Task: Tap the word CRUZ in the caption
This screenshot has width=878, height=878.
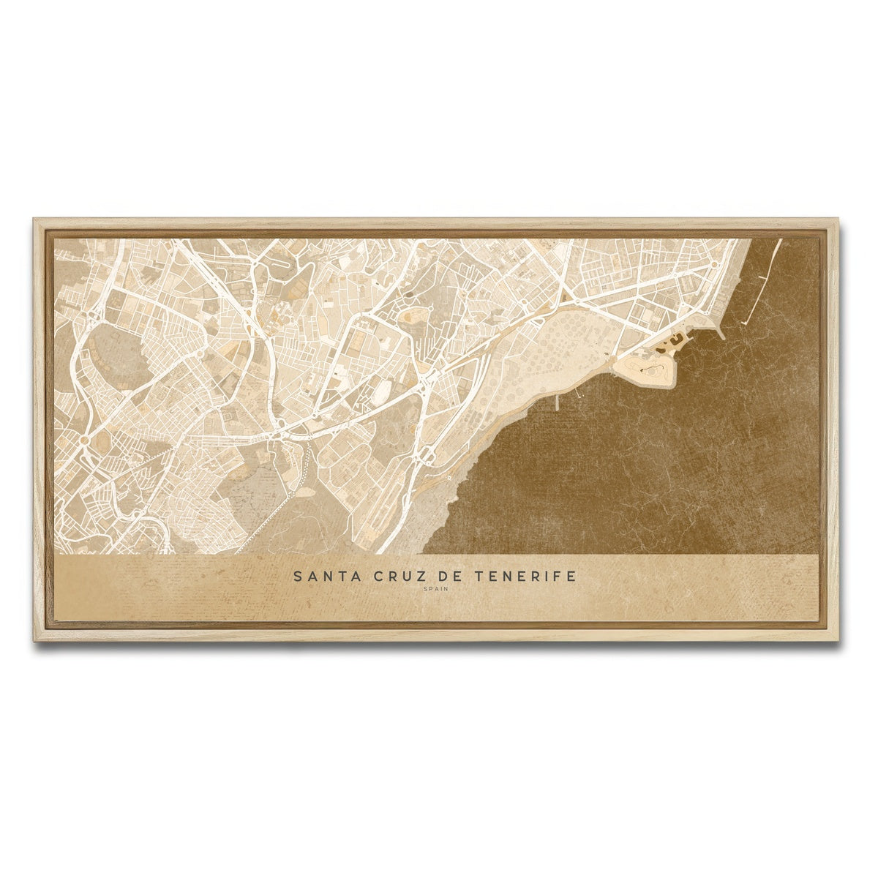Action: coord(387,577)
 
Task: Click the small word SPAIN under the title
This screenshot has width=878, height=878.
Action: coord(435,589)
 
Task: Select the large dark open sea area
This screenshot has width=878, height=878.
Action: coord(658,468)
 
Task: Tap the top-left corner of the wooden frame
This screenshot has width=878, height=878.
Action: coord(34,219)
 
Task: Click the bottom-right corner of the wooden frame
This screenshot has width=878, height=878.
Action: coord(838,642)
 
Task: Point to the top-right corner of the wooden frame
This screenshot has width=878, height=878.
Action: coord(838,219)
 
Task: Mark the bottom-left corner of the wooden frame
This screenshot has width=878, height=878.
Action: coord(34,642)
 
